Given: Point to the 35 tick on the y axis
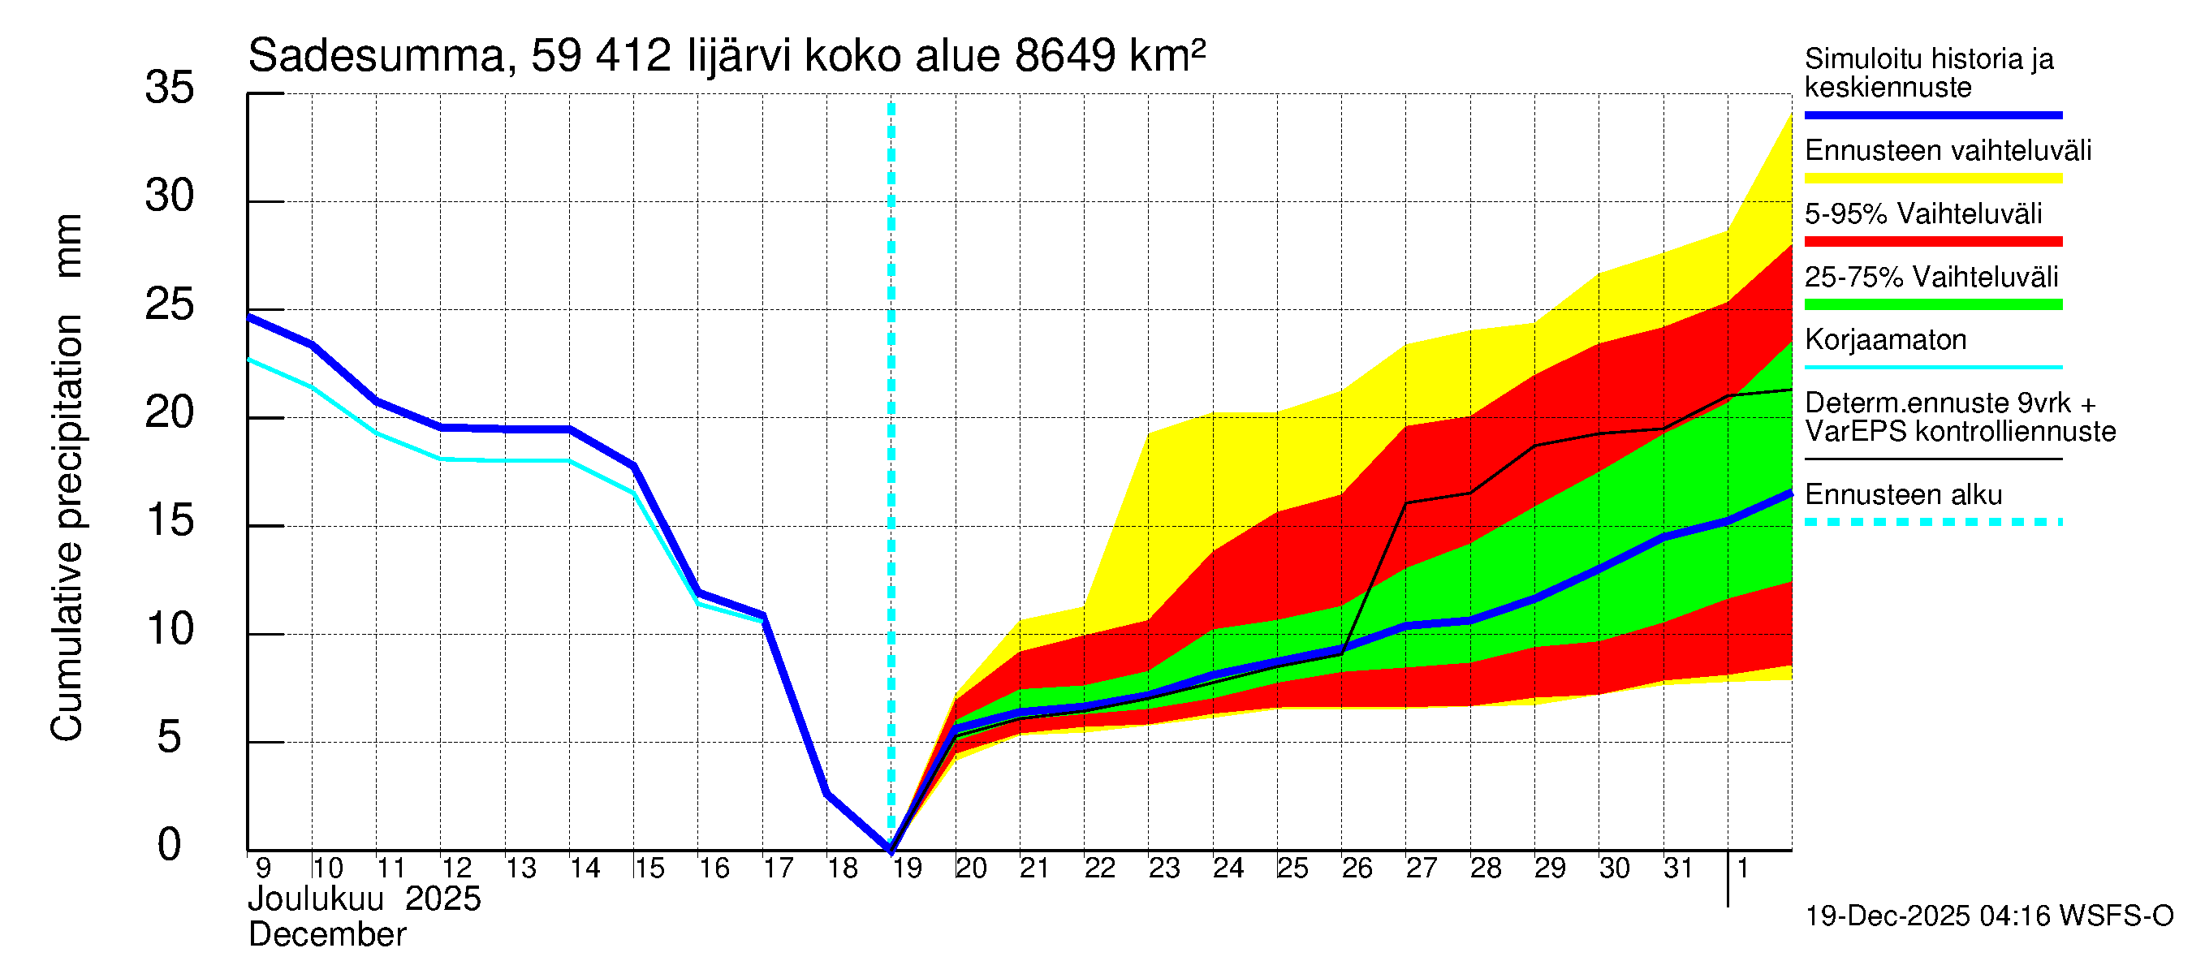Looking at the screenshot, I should (170, 88).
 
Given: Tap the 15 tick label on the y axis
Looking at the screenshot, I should (170, 521).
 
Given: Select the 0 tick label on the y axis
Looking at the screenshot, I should (170, 846).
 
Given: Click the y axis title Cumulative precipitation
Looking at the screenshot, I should (67, 528).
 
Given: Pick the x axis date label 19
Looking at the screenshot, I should (906, 868).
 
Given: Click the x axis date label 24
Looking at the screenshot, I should (1228, 868).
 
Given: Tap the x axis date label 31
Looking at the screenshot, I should (1678, 868).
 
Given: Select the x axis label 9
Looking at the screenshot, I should (263, 868).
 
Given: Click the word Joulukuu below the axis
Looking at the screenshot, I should (316, 900).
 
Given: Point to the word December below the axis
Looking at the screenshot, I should (326, 936).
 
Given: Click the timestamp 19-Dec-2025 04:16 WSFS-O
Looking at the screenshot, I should (1988, 917).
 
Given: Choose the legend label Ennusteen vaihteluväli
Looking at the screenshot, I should (1948, 152).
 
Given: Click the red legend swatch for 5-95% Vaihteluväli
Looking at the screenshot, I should (1932, 242).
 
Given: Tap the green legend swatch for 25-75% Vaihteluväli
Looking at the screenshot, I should (1932, 304).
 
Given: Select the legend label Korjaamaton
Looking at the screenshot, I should (1885, 340).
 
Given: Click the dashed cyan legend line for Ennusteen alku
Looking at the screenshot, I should (1932, 522).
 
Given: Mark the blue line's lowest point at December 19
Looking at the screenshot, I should (891, 848).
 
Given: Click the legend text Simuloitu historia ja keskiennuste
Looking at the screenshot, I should (1928, 73).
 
